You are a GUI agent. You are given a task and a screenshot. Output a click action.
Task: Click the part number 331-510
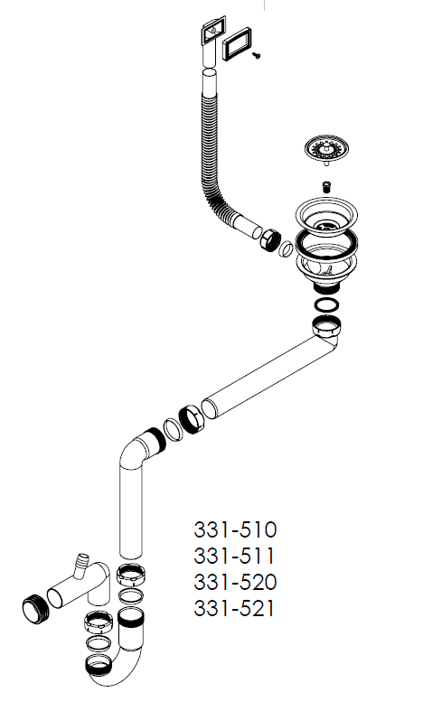(x=235, y=529)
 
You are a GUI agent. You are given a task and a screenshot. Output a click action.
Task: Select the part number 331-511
(x=234, y=556)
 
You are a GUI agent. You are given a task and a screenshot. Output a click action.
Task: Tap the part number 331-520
(x=235, y=582)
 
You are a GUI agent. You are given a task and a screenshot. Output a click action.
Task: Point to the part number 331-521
(x=234, y=608)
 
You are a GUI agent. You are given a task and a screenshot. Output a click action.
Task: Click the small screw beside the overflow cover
(x=257, y=55)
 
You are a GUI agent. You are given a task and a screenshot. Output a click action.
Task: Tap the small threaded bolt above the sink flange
(x=327, y=186)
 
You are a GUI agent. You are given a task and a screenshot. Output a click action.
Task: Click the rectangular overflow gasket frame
(x=235, y=44)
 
